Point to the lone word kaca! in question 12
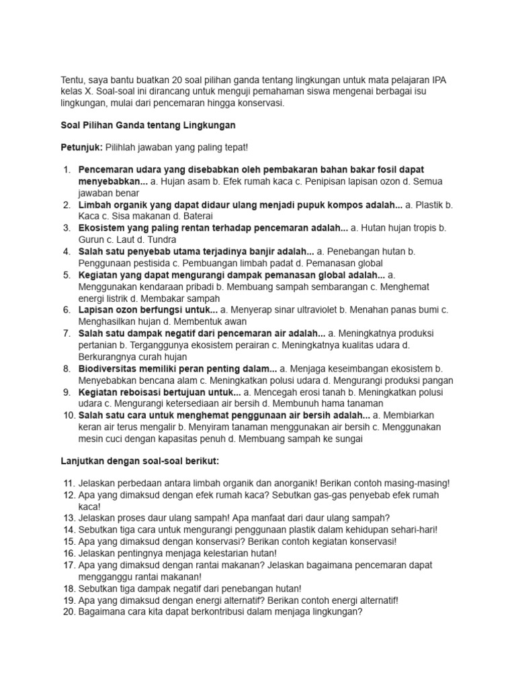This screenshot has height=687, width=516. coord(89,507)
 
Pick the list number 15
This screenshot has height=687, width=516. coord(69,541)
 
